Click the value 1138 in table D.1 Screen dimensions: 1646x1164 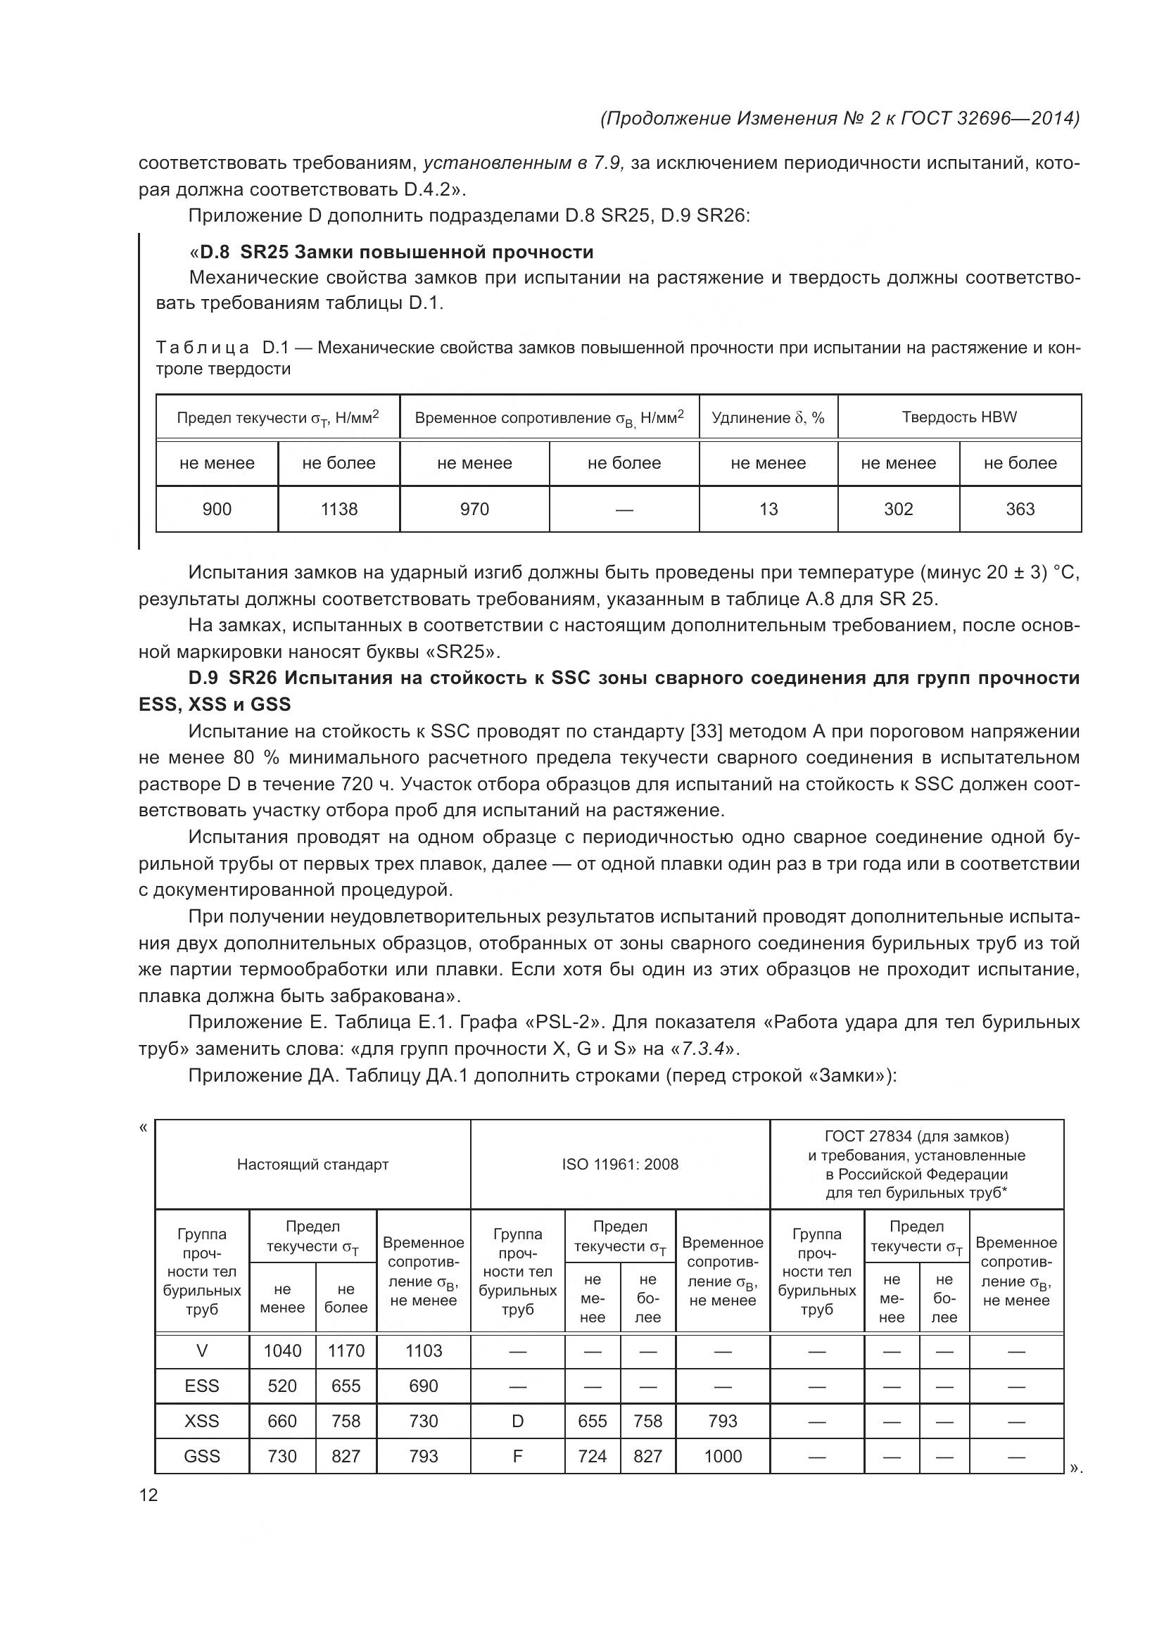tap(339, 509)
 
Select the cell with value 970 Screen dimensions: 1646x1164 tap(474, 509)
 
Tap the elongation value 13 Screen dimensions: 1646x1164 tap(768, 509)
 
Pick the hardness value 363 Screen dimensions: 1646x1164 tap(1020, 509)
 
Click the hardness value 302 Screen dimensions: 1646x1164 tap(898, 509)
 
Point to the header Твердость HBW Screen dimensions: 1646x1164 tap(959, 417)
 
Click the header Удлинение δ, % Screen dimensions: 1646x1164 tap(768, 417)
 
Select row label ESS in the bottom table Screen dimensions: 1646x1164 tap(201, 1386)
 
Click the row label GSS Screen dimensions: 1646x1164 tap(201, 1456)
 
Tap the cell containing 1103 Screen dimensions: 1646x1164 tap(424, 1350)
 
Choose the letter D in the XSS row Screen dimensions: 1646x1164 tap(517, 1421)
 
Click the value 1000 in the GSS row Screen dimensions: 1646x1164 tap(723, 1456)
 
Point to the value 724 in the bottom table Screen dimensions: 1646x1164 tap(592, 1456)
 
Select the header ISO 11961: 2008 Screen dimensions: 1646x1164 tap(620, 1164)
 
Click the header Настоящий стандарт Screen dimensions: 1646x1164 tap(312, 1164)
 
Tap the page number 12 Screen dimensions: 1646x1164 tap(148, 1495)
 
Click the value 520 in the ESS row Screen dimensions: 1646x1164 tap(281, 1386)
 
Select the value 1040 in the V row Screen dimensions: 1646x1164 tap(281, 1350)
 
